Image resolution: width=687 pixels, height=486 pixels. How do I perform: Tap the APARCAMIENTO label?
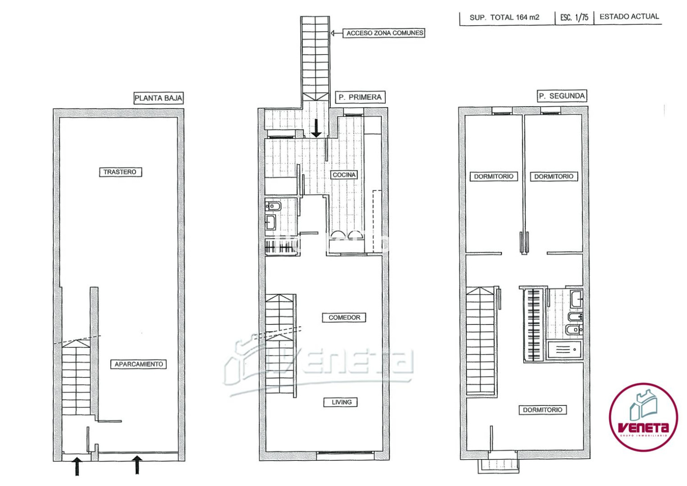tap(139, 364)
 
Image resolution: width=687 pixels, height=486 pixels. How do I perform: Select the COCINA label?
tap(344, 175)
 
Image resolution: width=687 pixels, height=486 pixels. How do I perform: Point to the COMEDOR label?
tap(344, 317)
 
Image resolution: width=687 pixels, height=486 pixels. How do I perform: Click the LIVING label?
tap(341, 402)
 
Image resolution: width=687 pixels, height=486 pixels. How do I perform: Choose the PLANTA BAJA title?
tap(159, 98)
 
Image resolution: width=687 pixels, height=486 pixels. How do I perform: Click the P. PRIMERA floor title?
tap(360, 97)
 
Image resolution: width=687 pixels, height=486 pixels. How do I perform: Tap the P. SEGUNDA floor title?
tap(562, 96)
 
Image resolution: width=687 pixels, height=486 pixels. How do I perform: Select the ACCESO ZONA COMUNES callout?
tap(385, 33)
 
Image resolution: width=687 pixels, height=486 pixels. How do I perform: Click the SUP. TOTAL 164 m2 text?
tap(504, 18)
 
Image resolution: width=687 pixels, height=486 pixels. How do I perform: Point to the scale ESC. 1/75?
tap(574, 17)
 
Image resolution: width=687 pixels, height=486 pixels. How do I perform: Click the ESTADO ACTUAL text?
tap(629, 17)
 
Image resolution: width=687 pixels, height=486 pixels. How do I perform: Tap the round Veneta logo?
tap(643, 417)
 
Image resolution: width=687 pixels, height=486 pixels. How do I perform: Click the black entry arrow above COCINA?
tap(316, 128)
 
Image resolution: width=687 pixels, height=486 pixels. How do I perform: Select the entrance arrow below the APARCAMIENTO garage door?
tap(137, 464)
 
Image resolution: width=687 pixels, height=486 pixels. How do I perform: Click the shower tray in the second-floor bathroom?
tap(564, 349)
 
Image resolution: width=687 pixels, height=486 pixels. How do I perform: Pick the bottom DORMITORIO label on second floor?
tap(542, 409)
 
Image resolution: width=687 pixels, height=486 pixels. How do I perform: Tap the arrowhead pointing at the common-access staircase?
tap(333, 33)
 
